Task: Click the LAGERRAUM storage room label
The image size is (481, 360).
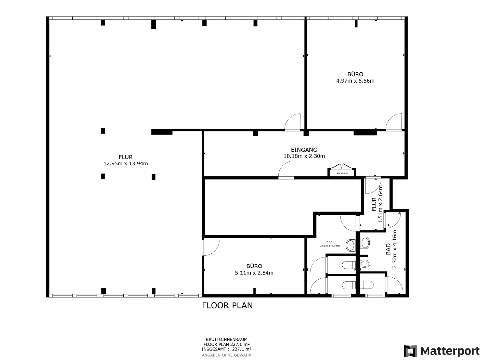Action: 342,173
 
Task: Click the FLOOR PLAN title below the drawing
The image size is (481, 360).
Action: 227,305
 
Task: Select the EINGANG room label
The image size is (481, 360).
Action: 304,150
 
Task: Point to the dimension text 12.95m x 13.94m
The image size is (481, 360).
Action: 126,163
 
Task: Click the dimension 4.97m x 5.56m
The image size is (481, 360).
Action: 355,81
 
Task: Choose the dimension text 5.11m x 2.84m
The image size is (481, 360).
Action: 254,273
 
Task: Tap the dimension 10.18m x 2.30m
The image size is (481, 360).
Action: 304,156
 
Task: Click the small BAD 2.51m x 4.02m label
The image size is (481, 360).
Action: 330,244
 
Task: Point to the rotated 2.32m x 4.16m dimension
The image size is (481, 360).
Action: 394,249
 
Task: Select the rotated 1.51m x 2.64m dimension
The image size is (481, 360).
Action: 381,204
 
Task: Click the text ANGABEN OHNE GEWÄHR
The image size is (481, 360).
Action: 226,355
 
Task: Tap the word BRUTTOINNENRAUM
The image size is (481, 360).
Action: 226,339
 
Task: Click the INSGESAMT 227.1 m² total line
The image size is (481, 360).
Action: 226,349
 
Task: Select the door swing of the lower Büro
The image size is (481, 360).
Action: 211,248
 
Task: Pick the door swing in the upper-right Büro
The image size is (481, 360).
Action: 394,122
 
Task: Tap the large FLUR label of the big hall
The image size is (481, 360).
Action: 126,157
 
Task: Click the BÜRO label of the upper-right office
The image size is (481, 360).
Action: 355,74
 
